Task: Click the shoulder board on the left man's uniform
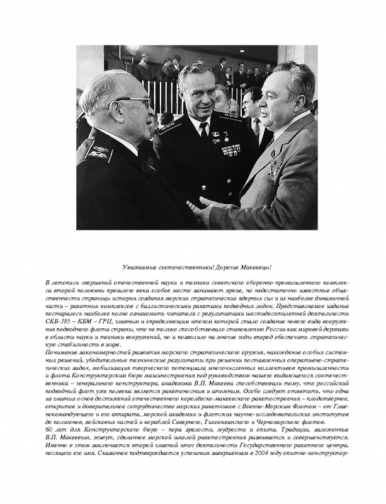(99, 151)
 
